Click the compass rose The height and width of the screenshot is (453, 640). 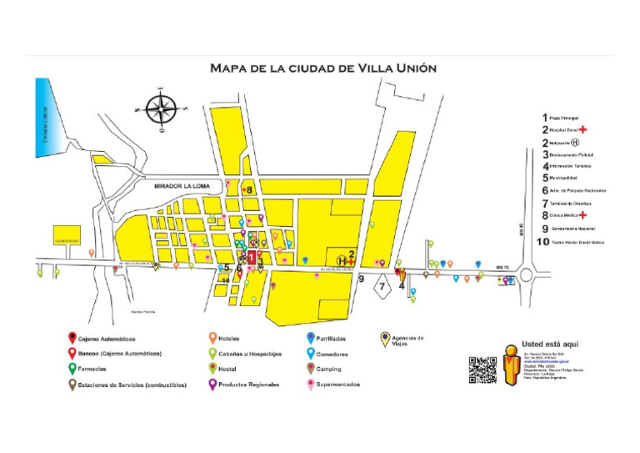(161, 108)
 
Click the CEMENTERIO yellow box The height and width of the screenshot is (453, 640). (67, 235)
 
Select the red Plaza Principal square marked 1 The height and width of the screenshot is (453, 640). (252, 259)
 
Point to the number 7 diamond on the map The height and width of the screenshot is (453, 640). (382, 286)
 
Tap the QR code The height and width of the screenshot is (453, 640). (482, 369)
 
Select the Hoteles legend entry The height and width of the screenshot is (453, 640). (230, 339)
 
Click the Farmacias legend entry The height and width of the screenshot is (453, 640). (93, 368)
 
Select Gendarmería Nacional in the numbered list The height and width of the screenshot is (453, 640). (575, 228)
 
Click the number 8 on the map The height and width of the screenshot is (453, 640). (248, 190)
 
